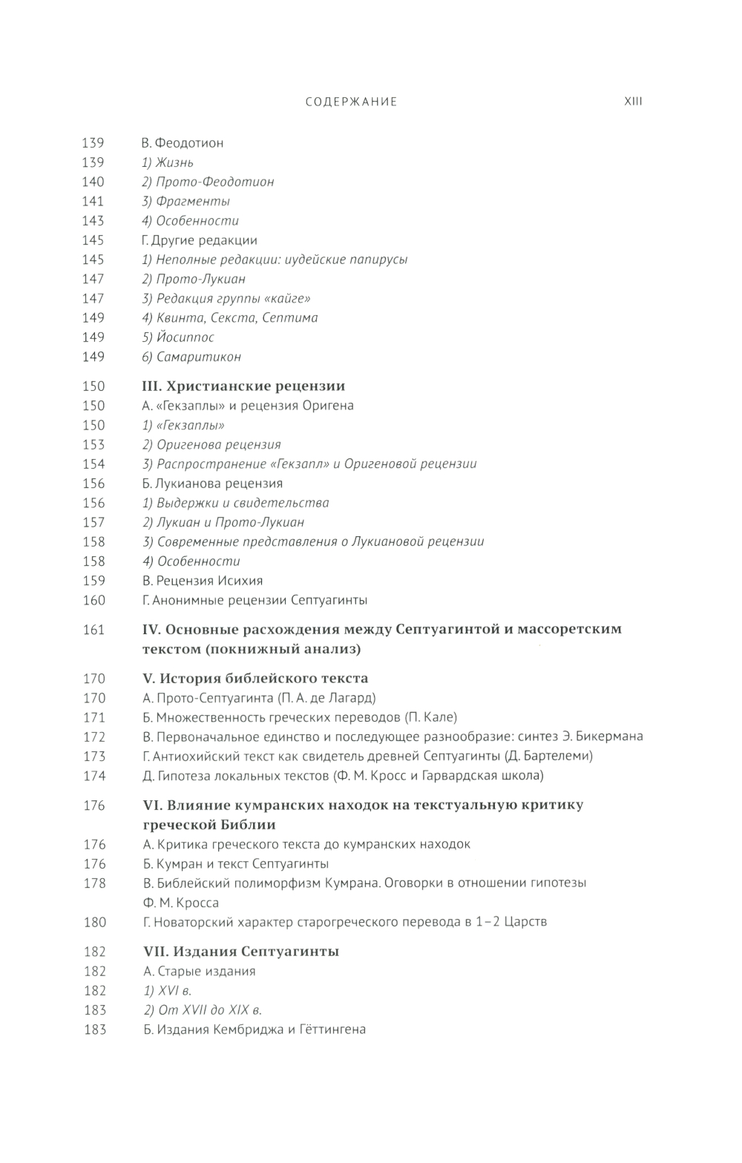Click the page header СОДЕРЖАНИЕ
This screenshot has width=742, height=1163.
351,102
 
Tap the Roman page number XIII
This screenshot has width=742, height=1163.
633,102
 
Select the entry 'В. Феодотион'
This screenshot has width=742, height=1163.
183,143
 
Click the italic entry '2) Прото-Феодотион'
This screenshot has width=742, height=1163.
208,182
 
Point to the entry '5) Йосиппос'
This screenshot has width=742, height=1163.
178,337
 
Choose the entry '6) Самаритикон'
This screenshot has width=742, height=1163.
191,357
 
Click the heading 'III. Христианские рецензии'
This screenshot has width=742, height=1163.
243,386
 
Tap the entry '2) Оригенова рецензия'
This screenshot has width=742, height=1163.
211,445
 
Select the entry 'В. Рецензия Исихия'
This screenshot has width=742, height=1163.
203,581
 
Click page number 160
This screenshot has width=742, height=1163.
93,600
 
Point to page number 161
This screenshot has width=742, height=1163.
93,630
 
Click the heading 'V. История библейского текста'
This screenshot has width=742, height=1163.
255,679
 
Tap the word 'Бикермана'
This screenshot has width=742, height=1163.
609,737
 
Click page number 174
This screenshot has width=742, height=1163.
93,776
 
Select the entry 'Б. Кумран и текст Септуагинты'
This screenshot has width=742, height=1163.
235,864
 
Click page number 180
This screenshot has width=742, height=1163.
94,922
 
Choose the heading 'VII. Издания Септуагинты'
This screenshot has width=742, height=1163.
240,952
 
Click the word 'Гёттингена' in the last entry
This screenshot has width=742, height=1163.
329,1029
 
